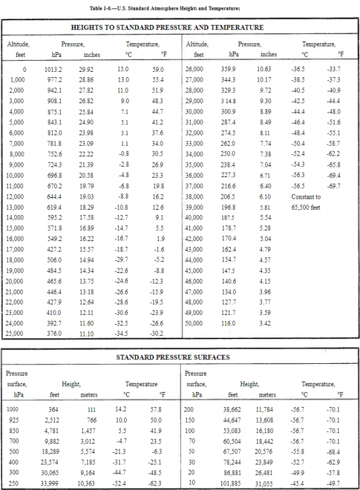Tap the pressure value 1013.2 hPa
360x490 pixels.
54,69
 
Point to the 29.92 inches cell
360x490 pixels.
86,69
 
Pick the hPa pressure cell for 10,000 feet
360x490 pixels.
54,176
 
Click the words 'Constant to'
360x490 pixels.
307,197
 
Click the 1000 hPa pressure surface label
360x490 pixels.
13,408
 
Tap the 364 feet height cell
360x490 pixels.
53,408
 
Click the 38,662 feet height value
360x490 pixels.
231,408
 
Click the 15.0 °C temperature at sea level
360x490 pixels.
123,69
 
